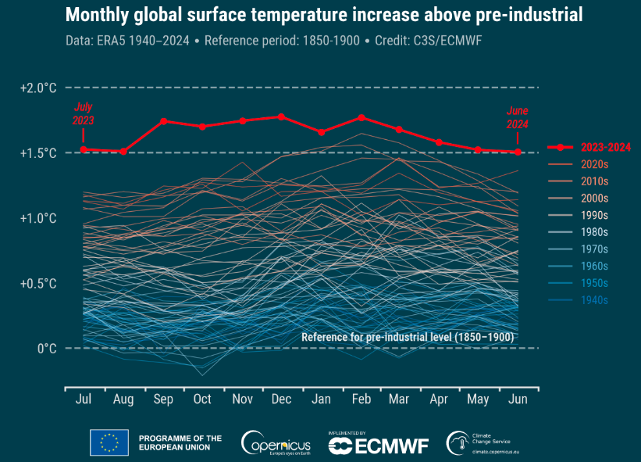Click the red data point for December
281,116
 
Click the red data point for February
361,117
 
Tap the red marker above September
163,121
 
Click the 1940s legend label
595,299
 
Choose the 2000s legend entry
595,198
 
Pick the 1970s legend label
595,249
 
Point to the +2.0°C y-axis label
38,88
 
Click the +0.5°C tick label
38,283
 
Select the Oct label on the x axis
202,399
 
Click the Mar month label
399,399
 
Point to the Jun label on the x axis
517,399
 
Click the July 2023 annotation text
84,114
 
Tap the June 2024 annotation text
517,117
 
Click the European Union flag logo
109,442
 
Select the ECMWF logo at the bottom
379,445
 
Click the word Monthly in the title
101,15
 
